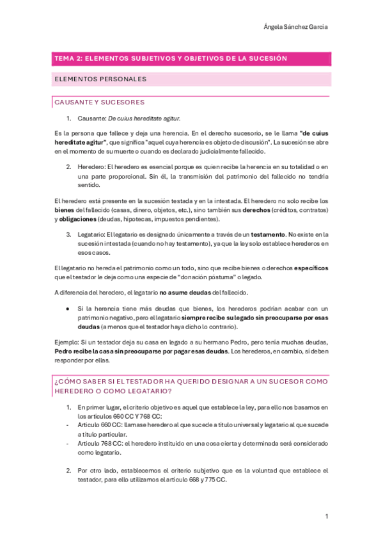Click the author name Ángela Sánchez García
(300, 26)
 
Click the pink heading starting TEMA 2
(171, 58)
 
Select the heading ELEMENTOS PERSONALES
(101, 79)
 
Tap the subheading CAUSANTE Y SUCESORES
(100, 102)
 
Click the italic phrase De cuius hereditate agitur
(144, 118)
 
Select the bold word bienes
(64, 210)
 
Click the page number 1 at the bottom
(326, 516)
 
